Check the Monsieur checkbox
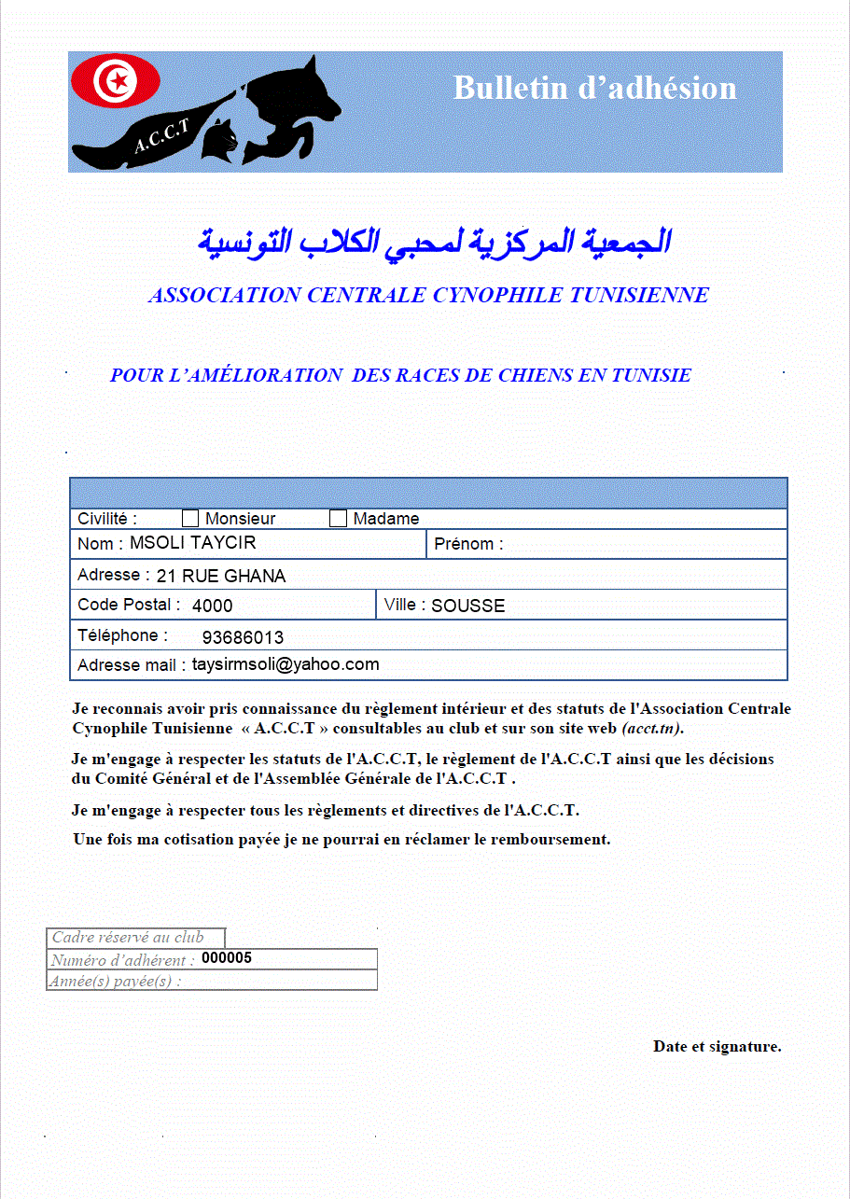[190, 519]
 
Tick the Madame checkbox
[339, 519]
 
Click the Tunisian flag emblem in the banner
[117, 82]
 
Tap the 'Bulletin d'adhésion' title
[594, 89]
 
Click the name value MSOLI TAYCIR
[192, 543]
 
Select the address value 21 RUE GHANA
[221, 577]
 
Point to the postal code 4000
[213, 606]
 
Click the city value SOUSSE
[467, 606]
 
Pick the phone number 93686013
[243, 638]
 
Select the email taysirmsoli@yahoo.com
[286, 665]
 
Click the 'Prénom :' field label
[468, 545]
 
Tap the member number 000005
[227, 958]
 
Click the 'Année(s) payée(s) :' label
[116, 982]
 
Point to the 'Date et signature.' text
[717, 1047]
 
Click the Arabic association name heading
[435, 241]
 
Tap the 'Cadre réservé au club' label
[128, 938]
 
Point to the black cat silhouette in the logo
[222, 140]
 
